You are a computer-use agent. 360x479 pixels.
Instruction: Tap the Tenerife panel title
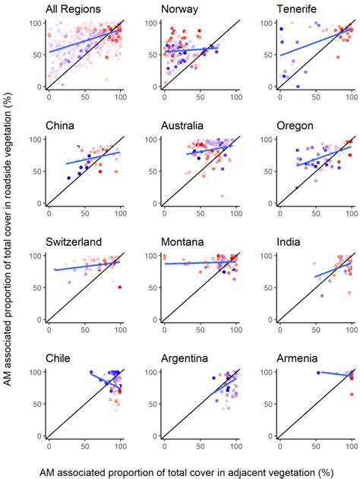[297, 10]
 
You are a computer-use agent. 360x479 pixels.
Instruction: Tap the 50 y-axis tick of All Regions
[35, 55]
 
